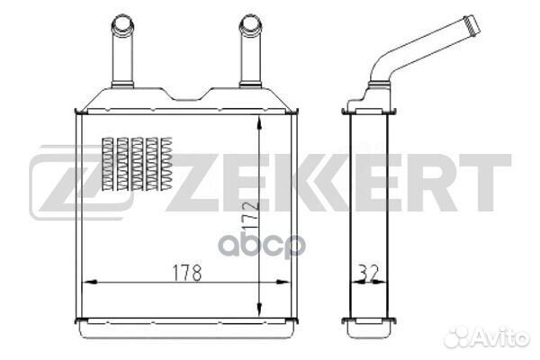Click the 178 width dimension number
coord(182,270)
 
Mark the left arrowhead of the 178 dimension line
coord(85,282)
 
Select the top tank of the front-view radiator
coord(186,101)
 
